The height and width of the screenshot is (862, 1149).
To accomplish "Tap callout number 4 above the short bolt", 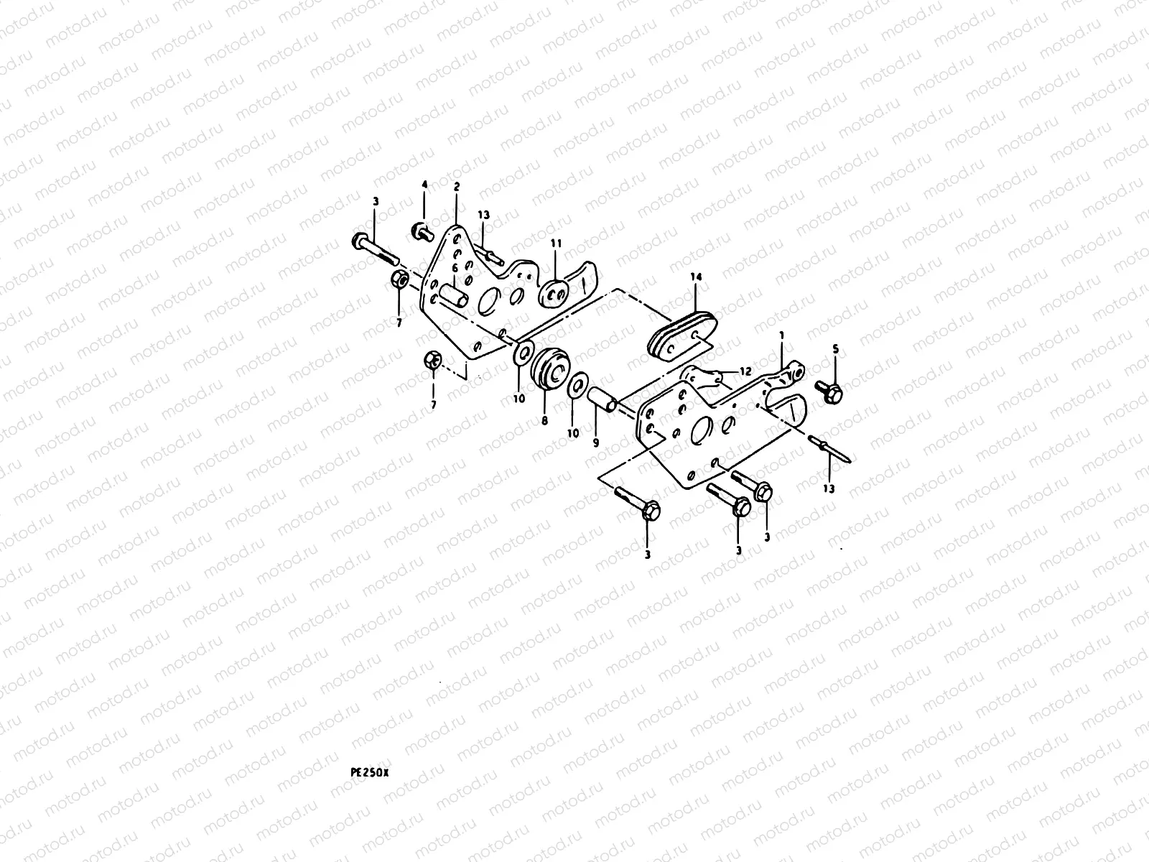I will point(424,185).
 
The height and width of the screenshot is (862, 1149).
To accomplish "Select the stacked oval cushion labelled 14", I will point(683,340).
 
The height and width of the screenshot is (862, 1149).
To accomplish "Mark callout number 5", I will point(835,350).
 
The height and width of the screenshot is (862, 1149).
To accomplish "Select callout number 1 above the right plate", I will point(781,335).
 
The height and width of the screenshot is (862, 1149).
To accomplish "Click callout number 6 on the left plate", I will point(455,267).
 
